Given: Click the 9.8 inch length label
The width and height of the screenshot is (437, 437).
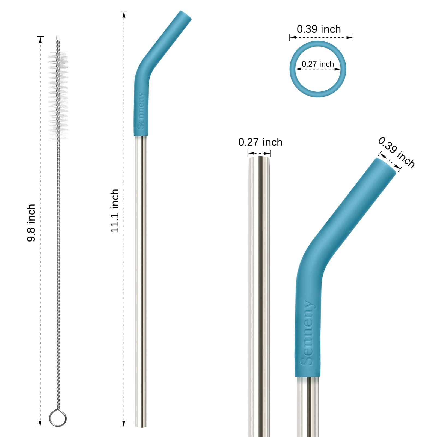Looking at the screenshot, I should (31, 222).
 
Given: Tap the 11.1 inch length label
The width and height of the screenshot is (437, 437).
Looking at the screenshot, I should (115, 211).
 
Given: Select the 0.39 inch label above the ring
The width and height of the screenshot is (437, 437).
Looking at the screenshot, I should (319, 29).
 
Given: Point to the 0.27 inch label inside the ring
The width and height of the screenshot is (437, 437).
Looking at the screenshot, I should (318, 64).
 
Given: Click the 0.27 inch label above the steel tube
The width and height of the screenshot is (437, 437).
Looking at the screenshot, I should (260, 142).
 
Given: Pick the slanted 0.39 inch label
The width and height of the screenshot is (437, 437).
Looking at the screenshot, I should (397, 152).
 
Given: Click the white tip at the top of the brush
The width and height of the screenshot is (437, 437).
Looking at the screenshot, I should (58, 37).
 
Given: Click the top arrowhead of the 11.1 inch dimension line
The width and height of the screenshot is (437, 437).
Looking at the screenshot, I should (124, 14).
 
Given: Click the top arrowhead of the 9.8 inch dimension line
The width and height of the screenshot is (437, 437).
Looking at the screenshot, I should (40, 40).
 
